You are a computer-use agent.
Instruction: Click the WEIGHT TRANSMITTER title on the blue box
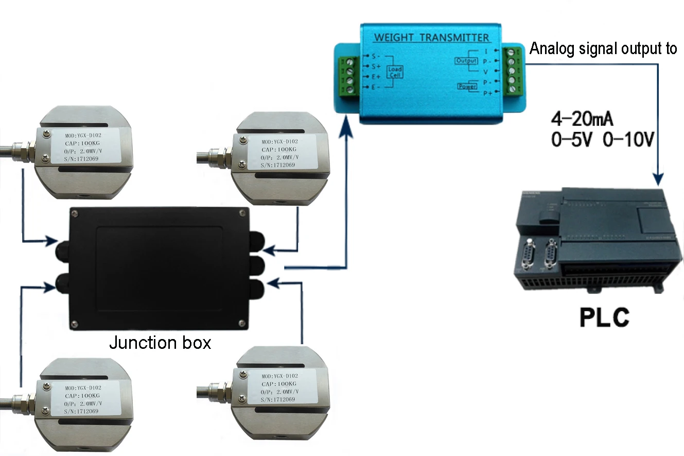pyautogui.click(x=431, y=37)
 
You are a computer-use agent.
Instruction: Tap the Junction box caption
pyautogui.click(x=160, y=343)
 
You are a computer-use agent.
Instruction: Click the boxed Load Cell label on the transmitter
pyautogui.click(x=395, y=72)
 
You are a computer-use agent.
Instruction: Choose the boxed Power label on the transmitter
pyautogui.click(x=467, y=87)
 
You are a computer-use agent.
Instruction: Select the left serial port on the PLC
pyautogui.click(x=529, y=255)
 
